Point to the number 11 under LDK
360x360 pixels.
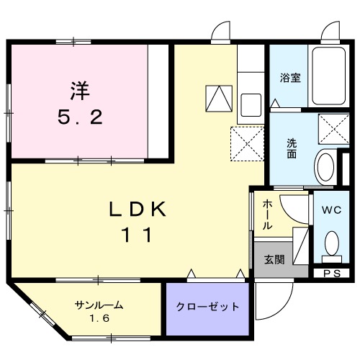tap(140, 235)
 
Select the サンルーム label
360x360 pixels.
tap(99, 305)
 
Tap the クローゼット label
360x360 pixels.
tap(208, 307)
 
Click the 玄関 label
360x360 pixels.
tap(274, 260)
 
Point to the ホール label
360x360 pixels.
tap(266, 215)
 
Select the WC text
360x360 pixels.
tap(330, 210)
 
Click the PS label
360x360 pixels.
tap(331, 273)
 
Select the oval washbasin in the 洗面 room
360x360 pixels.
tap(325, 168)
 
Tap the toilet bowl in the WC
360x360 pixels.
tap(332, 243)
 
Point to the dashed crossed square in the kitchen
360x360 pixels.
tap(247, 143)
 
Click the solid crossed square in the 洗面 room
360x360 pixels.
tap(333, 130)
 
